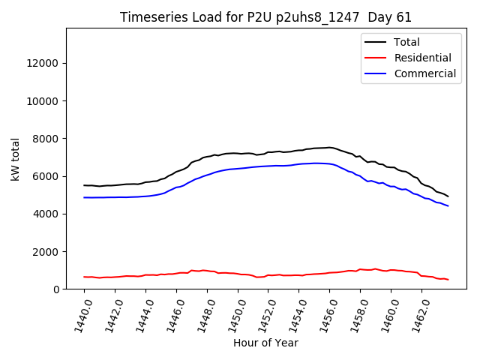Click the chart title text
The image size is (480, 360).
point(265,17)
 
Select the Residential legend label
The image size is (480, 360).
point(422,58)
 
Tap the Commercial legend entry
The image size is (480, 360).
point(424,73)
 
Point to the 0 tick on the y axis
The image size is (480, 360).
point(56,289)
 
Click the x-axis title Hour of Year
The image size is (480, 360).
point(265,343)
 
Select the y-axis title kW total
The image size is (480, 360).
point(16,160)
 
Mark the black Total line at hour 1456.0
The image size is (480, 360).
point(329,147)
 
